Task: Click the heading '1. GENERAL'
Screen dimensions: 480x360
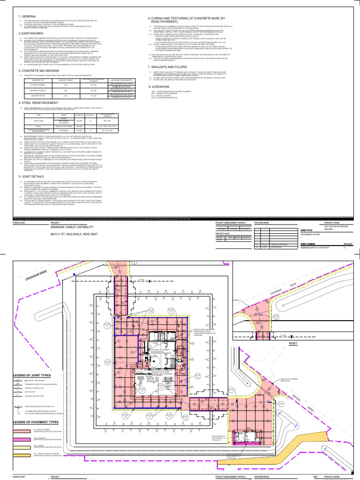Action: coord(27,16)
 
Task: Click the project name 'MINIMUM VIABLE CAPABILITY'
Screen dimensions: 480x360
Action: coord(75,226)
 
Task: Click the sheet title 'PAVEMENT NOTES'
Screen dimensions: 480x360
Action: coord(309,236)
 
